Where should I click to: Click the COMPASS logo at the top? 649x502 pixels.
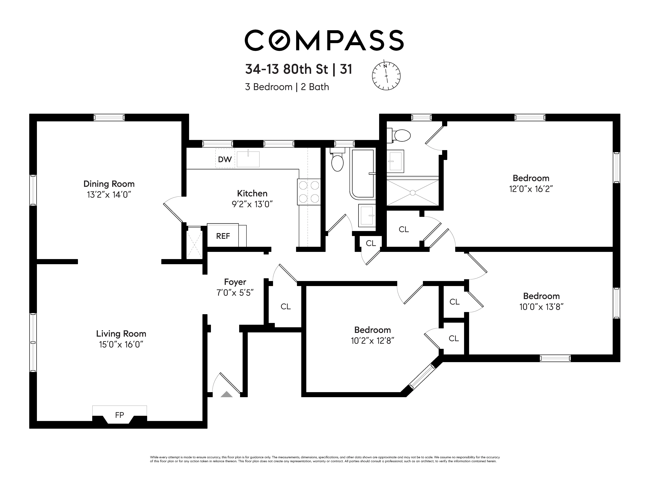324,40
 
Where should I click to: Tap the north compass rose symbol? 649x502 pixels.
386,76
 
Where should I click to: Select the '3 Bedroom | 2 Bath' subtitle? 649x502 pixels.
287,87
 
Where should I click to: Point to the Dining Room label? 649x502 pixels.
109,184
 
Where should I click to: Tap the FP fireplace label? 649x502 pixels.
119,415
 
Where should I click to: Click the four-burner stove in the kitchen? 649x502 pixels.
309,192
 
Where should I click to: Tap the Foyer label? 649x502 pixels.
235,282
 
